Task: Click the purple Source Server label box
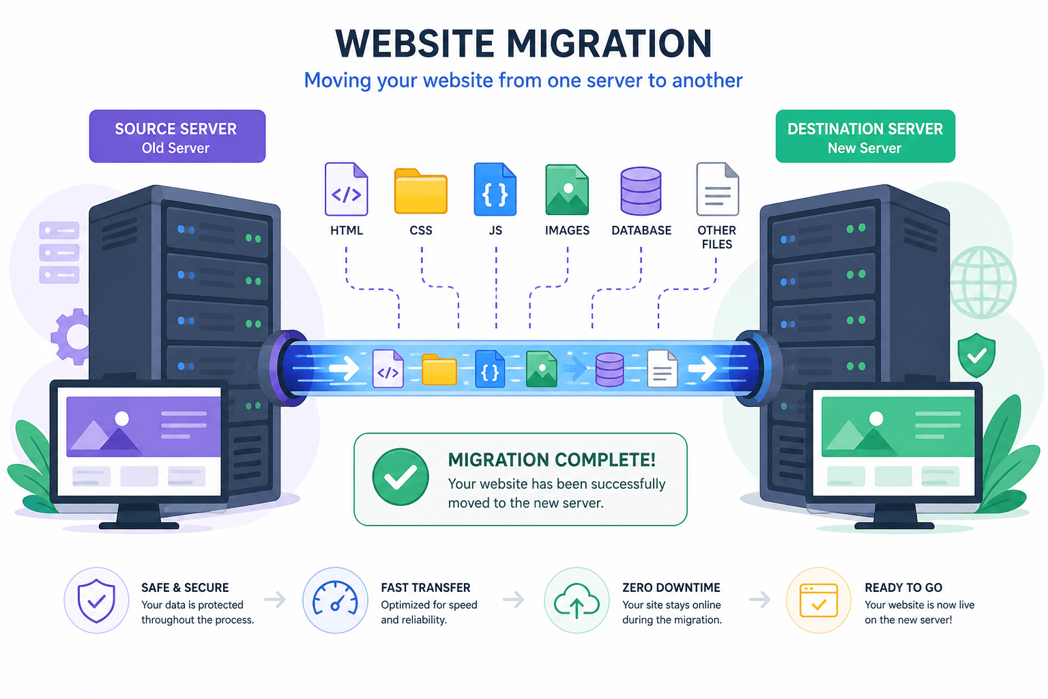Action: pyautogui.click(x=177, y=137)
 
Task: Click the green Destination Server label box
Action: pyautogui.click(x=865, y=137)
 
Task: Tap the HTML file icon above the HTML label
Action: pyautogui.click(x=346, y=189)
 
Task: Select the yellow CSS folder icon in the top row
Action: pyautogui.click(x=420, y=191)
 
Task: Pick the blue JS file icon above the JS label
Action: pyautogui.click(x=495, y=189)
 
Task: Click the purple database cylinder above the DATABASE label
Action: pyautogui.click(x=641, y=191)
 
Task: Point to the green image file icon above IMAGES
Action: pyautogui.click(x=567, y=190)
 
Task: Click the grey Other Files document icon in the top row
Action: pyautogui.click(x=718, y=189)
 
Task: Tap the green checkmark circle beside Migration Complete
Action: pyautogui.click(x=401, y=477)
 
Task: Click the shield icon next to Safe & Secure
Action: pyautogui.click(x=96, y=601)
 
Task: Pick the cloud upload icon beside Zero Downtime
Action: pyautogui.click(x=577, y=601)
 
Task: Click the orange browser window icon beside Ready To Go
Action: pyautogui.click(x=818, y=601)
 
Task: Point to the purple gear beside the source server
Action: pyautogui.click(x=71, y=337)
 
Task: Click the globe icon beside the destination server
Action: pyautogui.click(x=982, y=283)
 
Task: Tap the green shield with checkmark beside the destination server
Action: pyautogui.click(x=976, y=355)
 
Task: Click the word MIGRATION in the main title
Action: pyautogui.click(x=609, y=44)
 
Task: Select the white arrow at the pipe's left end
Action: pyautogui.click(x=344, y=369)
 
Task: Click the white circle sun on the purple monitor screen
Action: pyautogui.click(x=121, y=418)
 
